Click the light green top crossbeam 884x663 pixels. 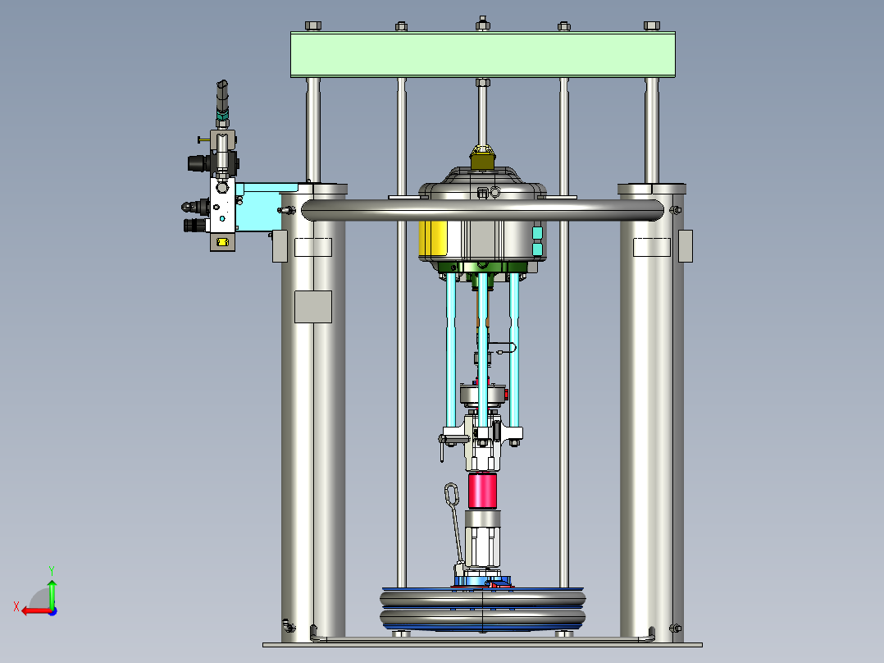pos(482,54)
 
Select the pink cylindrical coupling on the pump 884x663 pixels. pos(482,491)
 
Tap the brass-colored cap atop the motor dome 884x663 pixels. pos(482,158)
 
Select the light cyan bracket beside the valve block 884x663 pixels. pos(265,207)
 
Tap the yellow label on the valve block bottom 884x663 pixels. pos(222,242)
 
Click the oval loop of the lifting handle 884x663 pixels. pos(452,494)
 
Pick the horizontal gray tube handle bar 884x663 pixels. pos(482,210)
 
